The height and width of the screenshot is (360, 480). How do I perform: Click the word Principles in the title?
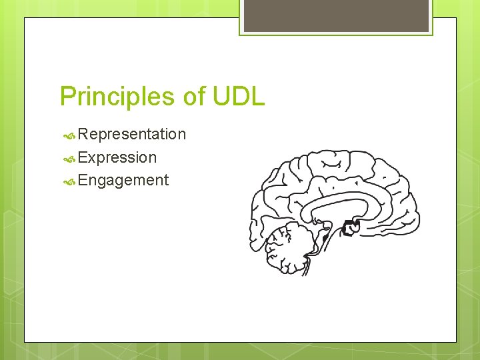point(117,97)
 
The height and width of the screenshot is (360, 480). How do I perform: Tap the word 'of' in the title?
point(193,97)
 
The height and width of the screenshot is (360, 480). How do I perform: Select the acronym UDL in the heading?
point(238,97)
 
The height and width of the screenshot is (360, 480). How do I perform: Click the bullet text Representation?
point(131,135)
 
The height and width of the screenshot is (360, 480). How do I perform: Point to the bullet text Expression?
point(117,158)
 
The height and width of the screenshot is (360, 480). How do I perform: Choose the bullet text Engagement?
point(123,181)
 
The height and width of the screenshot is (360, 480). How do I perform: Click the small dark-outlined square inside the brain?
point(349,229)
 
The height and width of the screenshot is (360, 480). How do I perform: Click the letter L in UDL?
point(258,97)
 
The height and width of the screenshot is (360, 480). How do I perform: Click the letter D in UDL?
point(239,97)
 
